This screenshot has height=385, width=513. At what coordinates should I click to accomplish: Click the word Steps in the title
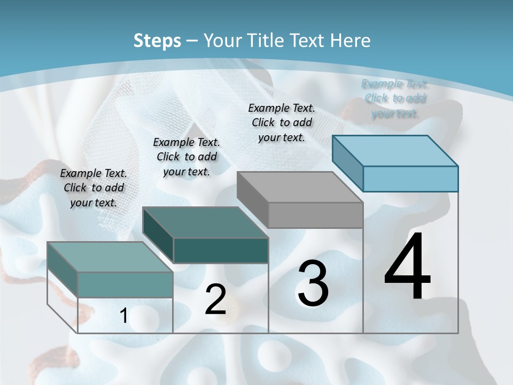coord(157,41)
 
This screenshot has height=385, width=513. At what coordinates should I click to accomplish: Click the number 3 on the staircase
coord(313,283)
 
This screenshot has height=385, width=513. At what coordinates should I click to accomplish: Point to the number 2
coord(215,299)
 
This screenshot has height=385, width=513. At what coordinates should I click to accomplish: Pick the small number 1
coord(123,316)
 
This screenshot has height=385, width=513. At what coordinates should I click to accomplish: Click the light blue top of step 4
coord(395,150)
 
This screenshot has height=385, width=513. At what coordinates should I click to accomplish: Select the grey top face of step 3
coord(300,187)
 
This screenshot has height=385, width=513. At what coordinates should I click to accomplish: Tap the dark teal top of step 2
coord(205,222)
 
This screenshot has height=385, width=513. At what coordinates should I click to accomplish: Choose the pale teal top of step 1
coord(110,257)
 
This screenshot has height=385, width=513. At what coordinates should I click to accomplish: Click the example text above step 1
coord(94,188)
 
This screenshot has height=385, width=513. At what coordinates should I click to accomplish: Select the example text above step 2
coord(186,157)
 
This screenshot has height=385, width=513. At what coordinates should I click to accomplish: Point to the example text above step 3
coord(282,122)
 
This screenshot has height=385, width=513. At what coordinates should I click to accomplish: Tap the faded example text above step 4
coord(395,98)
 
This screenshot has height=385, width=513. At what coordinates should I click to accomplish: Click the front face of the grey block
coord(315,215)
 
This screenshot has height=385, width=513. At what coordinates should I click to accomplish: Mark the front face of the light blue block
coord(410,179)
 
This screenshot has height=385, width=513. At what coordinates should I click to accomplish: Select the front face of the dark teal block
coord(221,250)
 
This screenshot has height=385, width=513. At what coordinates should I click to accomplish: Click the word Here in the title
coord(350,41)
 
